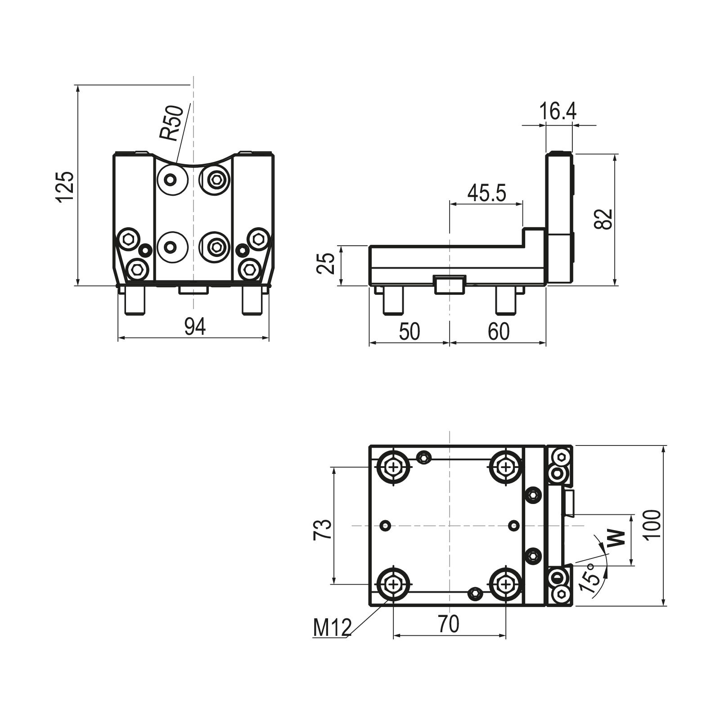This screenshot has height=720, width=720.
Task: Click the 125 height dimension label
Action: pyautogui.click(x=65, y=187)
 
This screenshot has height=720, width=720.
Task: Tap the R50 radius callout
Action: pyautogui.click(x=172, y=123)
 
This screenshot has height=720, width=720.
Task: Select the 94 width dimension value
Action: pyautogui.click(x=195, y=327)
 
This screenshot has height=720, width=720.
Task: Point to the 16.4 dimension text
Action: pyautogui.click(x=558, y=111)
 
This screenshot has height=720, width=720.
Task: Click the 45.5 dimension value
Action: pyautogui.click(x=486, y=193)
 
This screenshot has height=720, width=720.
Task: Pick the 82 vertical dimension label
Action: pyautogui.click(x=603, y=219)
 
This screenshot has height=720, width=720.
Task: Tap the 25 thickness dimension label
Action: pyautogui.click(x=325, y=264)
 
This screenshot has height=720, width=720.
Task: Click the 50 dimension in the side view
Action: pyautogui.click(x=409, y=332)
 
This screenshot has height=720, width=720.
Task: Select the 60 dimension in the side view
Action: pyautogui.click(x=499, y=332)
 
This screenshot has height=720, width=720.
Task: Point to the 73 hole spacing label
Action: pyautogui.click(x=323, y=529)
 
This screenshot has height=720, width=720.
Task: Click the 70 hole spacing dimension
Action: pyautogui.click(x=449, y=624)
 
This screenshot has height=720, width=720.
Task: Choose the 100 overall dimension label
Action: pyautogui.click(x=652, y=524)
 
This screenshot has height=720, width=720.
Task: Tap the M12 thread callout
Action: pyautogui.click(x=332, y=628)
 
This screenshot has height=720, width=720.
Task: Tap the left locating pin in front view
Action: pyautogui.click(x=135, y=301)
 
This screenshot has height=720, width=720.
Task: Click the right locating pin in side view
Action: pyautogui.click(x=505, y=300)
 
